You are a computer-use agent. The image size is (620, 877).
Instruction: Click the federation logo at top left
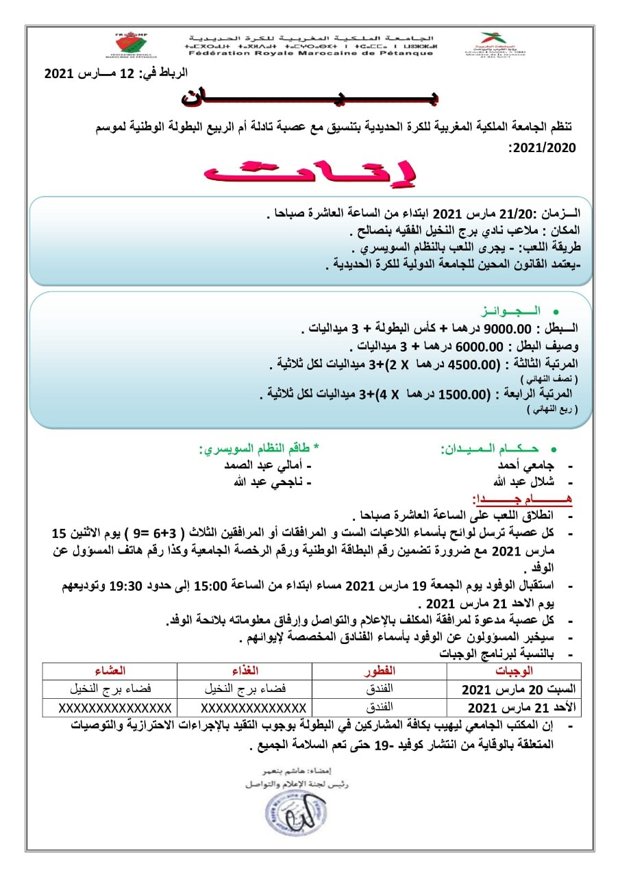point(136,45)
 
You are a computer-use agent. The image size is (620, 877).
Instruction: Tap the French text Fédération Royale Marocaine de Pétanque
point(310,53)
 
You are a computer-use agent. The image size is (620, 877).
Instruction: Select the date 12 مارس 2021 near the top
point(116,73)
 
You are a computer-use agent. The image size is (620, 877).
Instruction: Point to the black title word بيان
point(310,96)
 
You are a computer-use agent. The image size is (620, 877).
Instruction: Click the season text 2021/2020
point(541,147)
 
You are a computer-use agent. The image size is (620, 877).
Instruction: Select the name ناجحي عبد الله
point(269,481)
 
